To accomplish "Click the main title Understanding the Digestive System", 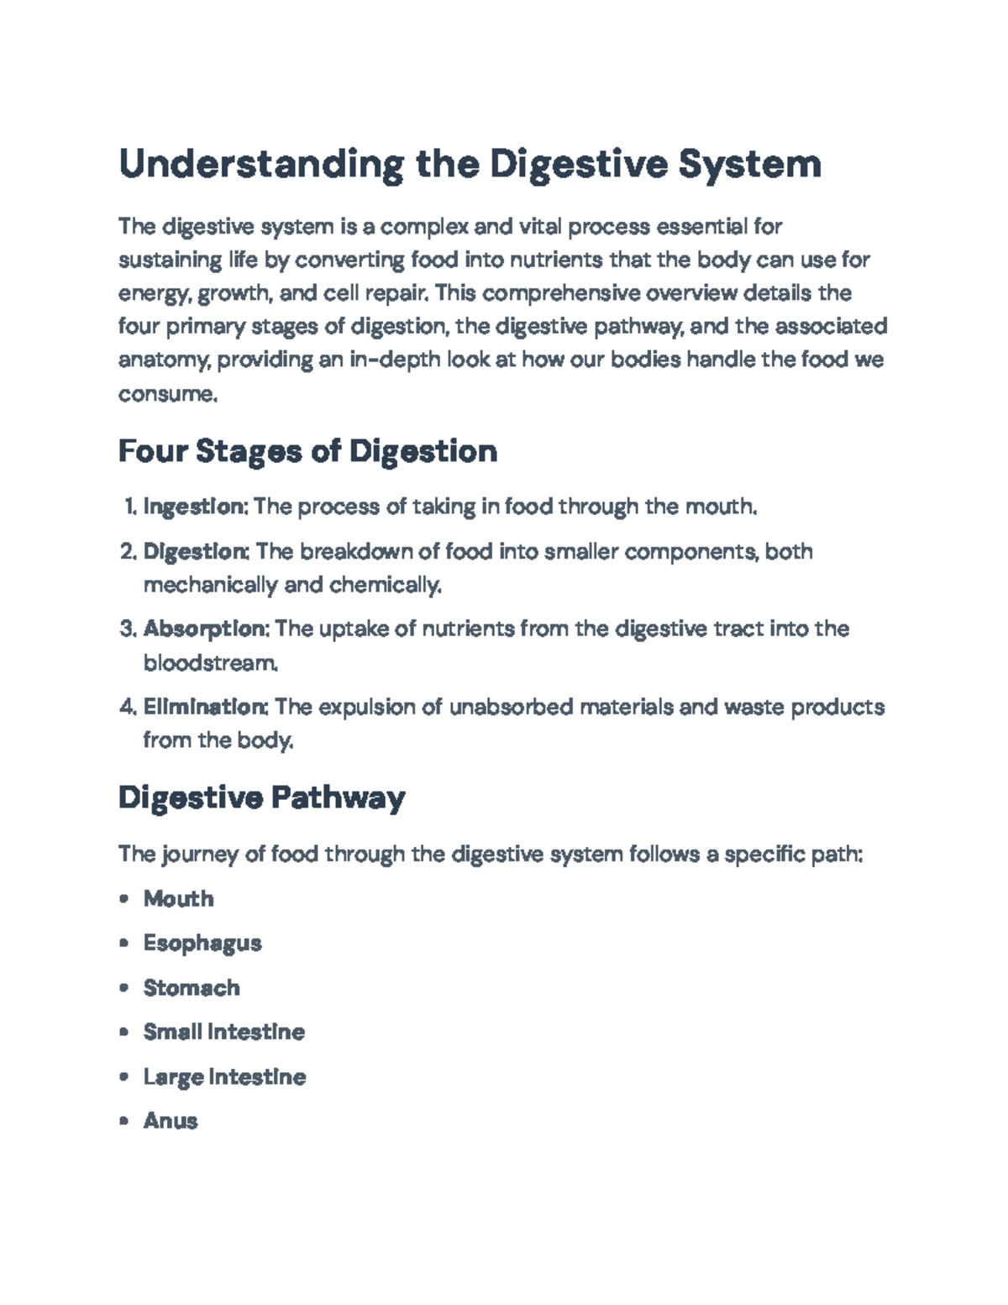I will (x=470, y=164).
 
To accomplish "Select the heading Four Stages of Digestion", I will (x=307, y=451).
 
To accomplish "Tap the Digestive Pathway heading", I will (x=261, y=797).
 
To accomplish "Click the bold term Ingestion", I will (x=194, y=507).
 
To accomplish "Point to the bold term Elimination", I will (x=206, y=707).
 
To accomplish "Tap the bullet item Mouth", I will (x=178, y=898).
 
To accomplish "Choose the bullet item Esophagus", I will (x=202, y=943).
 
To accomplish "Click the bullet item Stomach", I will (x=192, y=987).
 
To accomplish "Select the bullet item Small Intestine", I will (x=223, y=1032).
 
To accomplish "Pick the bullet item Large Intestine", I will (x=224, y=1076).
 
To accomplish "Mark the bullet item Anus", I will (x=171, y=1121).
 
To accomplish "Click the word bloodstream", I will (x=209, y=663).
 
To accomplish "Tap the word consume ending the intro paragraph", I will (x=167, y=393).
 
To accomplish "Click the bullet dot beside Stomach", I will (x=124, y=987).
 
